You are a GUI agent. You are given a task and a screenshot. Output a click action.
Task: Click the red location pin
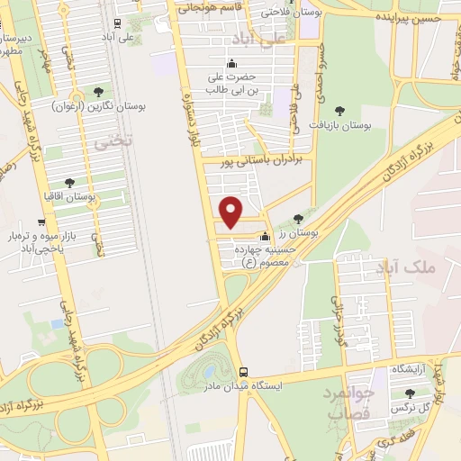tap(232, 212)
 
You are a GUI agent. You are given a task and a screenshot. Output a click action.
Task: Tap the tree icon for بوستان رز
tap(299, 218)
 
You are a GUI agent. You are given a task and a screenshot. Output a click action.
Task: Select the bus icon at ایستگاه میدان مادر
tap(243, 372)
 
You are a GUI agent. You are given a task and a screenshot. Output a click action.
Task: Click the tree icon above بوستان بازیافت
tap(339, 109)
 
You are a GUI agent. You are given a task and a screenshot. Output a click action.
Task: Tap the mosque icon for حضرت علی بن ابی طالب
tap(231, 63)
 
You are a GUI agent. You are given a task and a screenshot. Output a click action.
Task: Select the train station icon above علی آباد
tap(121, 24)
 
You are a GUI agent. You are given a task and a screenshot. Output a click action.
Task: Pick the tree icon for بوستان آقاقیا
tap(71, 182)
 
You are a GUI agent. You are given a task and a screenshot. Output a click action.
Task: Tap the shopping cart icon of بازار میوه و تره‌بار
tap(41, 222)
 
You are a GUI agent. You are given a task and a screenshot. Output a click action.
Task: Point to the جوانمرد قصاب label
tap(348, 405)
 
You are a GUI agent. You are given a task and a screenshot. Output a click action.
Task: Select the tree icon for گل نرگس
tap(411, 393)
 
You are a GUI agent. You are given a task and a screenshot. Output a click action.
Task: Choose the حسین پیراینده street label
tap(410, 18)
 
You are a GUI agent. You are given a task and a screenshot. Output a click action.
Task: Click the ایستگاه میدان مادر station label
tap(294, 384)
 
